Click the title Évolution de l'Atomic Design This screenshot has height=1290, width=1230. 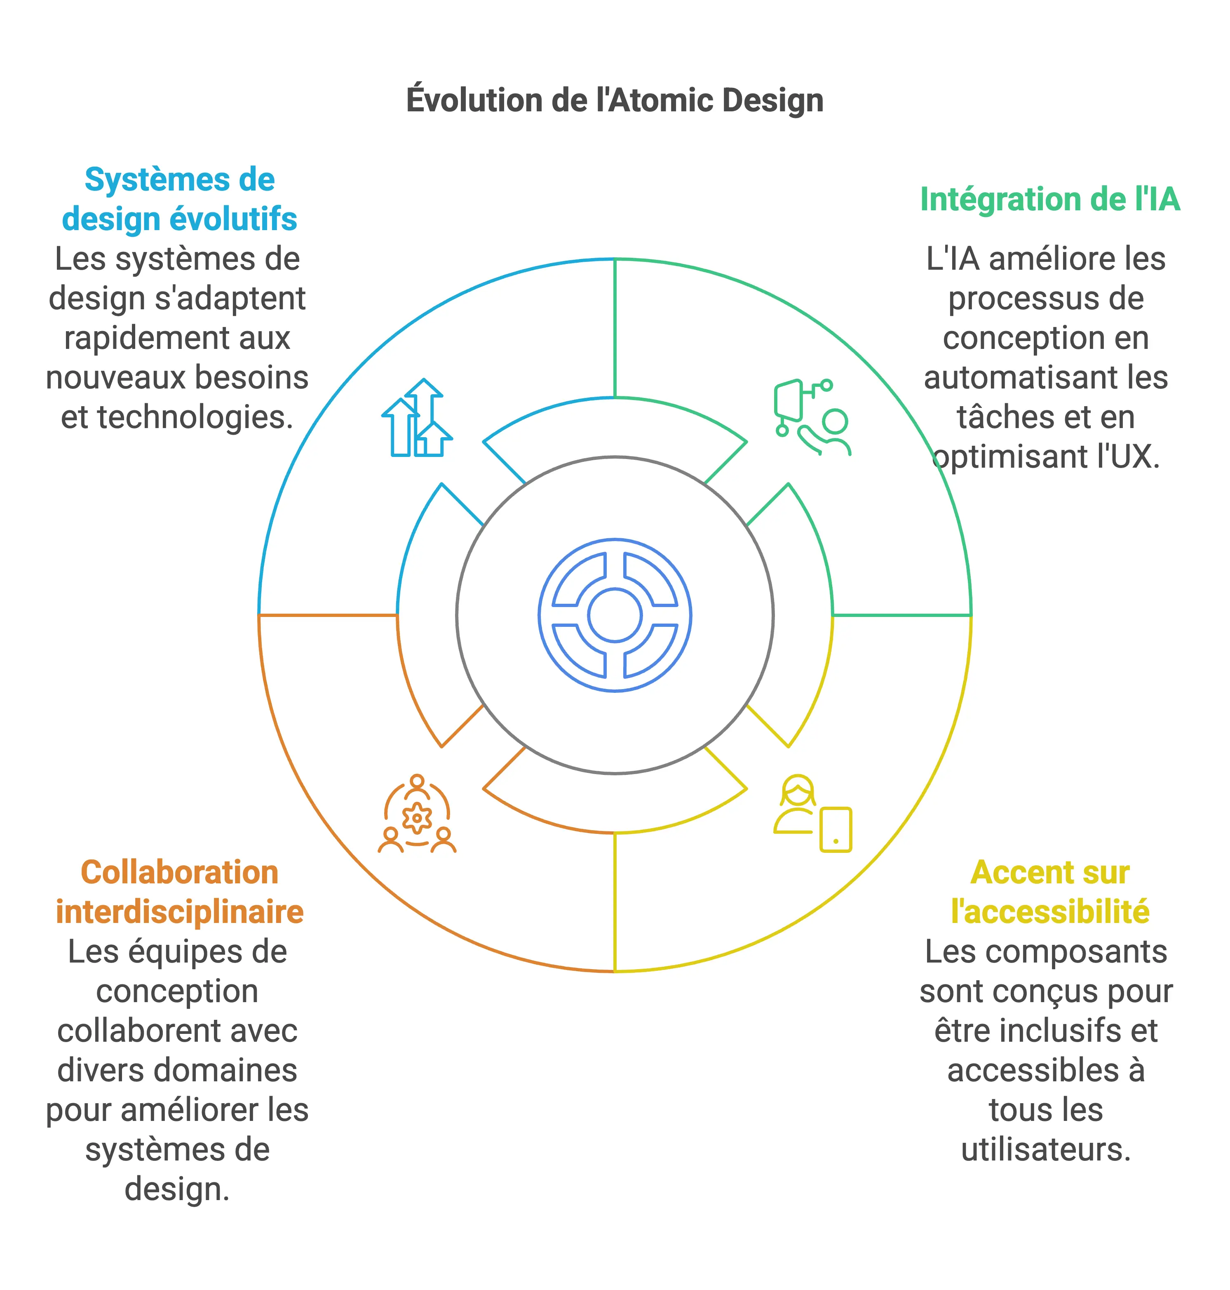[614, 100]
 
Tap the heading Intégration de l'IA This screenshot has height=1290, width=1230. [1050, 199]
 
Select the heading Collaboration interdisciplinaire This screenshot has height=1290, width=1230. [179, 892]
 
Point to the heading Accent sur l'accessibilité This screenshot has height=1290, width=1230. [1050, 892]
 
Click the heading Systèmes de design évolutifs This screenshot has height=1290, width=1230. [179, 199]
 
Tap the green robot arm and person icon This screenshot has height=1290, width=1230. [812, 417]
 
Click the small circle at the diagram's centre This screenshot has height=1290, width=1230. [614, 615]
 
